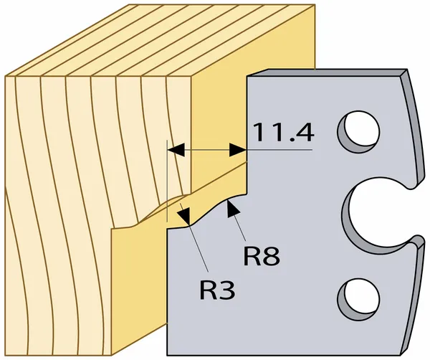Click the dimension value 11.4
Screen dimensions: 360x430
coord(282,133)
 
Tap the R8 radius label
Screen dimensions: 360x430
coord(259,256)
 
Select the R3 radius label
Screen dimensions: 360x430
coord(216,290)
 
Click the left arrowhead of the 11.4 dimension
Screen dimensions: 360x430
coord(176,150)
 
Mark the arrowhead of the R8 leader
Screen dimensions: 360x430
coord(232,209)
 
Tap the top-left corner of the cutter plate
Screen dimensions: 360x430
coord(247,75)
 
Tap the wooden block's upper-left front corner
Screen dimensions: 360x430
coord(6,76)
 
